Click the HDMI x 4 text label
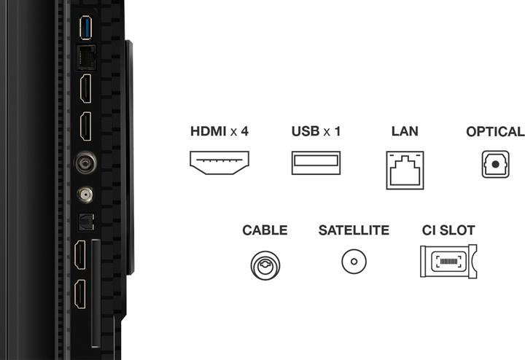219,132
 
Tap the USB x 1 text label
316,132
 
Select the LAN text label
405,132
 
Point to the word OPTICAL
495,132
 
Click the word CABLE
265,230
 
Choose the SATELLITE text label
354,230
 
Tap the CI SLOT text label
448,230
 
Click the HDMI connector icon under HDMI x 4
219,162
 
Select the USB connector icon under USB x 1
316,162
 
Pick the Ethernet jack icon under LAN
405,170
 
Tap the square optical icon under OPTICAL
495,165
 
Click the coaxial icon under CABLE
265,262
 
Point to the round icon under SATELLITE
354,261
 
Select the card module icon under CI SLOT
448,261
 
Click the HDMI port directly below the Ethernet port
85,89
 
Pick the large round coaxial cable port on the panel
85,162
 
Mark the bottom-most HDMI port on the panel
79,295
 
